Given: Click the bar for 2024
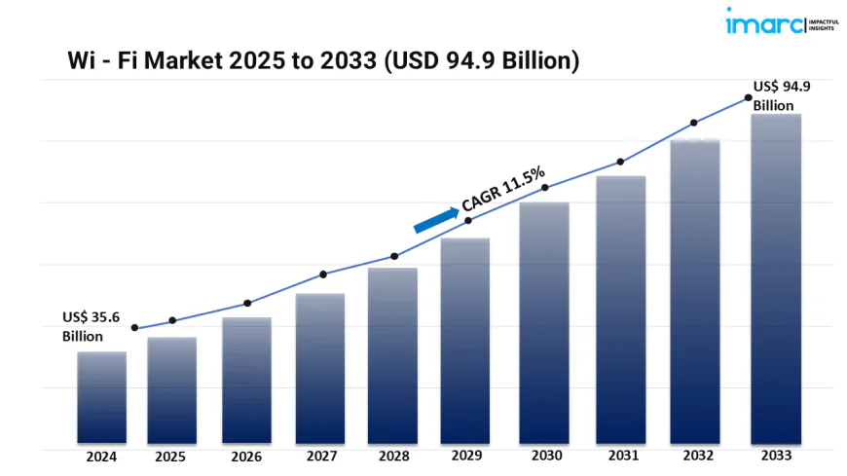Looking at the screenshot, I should pos(101,397).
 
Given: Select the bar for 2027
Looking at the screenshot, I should pos(320,368).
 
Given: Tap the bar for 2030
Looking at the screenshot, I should pos(544,322).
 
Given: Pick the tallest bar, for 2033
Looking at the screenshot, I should pos(776,278).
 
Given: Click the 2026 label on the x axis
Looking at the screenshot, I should pos(244,456).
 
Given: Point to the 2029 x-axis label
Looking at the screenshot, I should pos(465,456).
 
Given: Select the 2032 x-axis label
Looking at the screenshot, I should pos(695,456).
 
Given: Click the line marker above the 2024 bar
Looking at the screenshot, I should pos(134,328).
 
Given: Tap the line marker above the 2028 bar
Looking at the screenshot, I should pos(394,256).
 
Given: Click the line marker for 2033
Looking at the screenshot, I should pos(748,97).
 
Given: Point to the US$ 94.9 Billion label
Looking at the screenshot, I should pos(782,95).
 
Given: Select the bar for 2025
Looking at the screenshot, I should pos(171,390).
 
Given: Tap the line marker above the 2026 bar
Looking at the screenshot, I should pos(247,303).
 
